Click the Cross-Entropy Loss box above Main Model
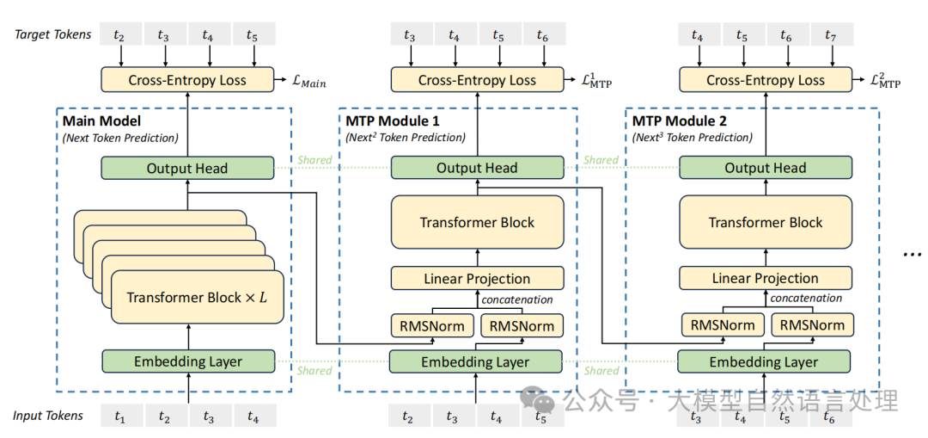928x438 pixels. click(x=187, y=80)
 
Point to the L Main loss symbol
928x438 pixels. click(x=308, y=82)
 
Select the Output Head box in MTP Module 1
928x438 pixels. click(x=477, y=168)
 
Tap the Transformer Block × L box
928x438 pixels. click(x=195, y=298)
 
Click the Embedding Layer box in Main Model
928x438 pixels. click(x=188, y=361)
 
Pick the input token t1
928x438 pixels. click(x=119, y=416)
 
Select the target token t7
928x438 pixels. click(x=830, y=36)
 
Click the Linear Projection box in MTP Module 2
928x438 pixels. click(x=766, y=278)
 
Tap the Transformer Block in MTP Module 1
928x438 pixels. click(x=477, y=223)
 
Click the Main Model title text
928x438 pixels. click(x=101, y=120)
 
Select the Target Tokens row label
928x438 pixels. click(x=52, y=34)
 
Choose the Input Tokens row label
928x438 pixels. click(x=48, y=416)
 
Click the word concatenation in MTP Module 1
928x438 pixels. click(x=516, y=299)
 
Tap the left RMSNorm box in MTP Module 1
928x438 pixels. click(x=432, y=326)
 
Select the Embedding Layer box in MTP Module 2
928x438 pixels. click(x=764, y=361)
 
